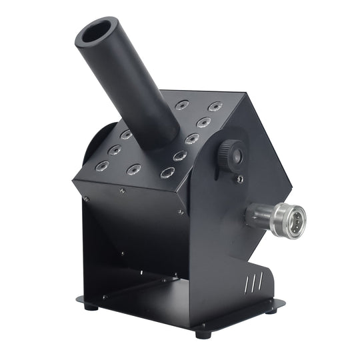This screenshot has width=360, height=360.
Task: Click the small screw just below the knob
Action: click(x=239, y=179)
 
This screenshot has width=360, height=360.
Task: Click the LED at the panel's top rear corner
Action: click(x=215, y=106)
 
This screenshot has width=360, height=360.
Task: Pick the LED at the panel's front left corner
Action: click(x=101, y=165)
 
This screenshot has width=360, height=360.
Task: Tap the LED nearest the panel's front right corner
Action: click(x=167, y=173)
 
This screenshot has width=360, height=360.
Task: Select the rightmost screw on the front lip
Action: click(x=181, y=212)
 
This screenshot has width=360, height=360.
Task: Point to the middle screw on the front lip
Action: click(x=122, y=191)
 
